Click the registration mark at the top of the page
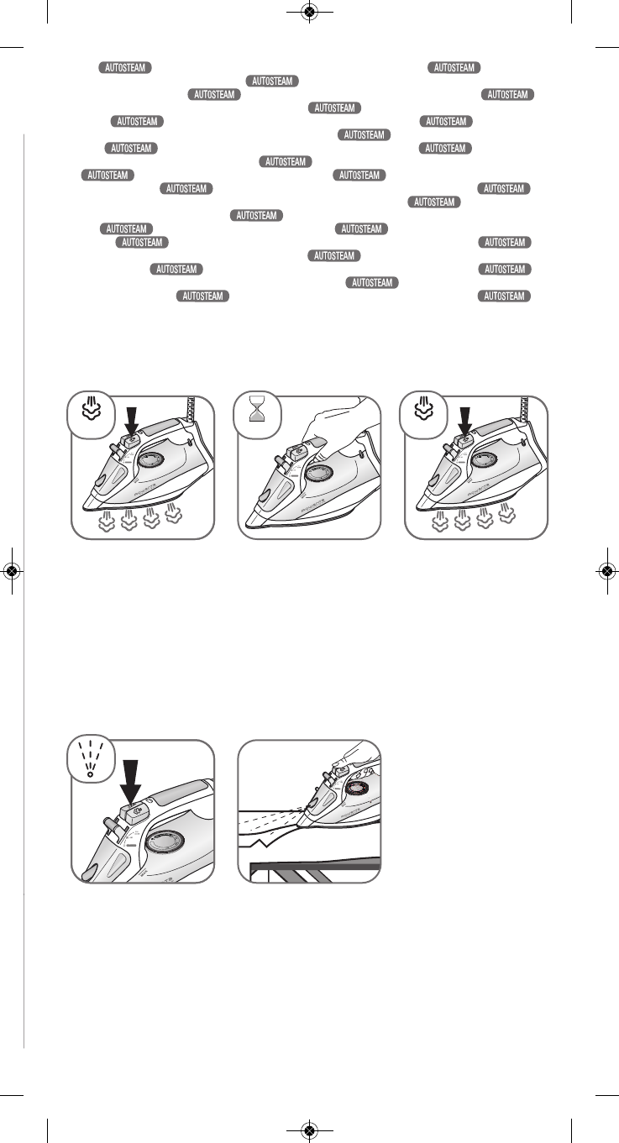point(309,13)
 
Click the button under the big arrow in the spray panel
point(133,811)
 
